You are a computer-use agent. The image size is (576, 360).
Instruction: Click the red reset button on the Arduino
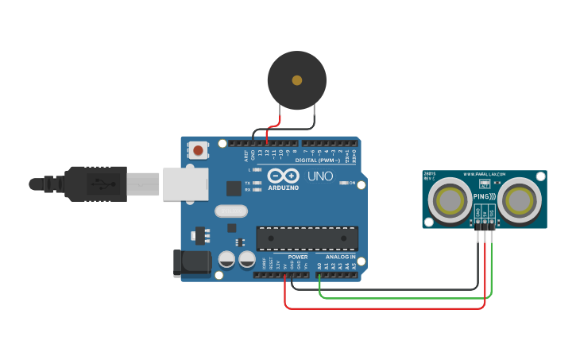click(198, 149)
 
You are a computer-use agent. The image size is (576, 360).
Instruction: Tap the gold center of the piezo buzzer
click(297, 80)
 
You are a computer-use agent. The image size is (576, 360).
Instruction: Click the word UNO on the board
click(319, 176)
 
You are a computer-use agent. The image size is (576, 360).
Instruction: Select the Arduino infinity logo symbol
click(281, 176)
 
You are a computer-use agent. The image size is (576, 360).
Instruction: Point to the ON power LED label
click(351, 183)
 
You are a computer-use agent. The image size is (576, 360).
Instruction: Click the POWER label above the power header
click(298, 257)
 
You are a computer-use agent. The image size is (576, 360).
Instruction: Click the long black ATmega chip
click(307, 238)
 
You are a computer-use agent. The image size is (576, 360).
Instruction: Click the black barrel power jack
click(191, 264)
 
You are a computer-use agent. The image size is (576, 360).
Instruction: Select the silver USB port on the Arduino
click(185, 184)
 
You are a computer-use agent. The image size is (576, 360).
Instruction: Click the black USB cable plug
click(95, 184)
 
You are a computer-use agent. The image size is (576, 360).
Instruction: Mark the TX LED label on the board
click(248, 182)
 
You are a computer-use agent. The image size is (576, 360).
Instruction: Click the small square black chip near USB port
click(234, 188)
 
